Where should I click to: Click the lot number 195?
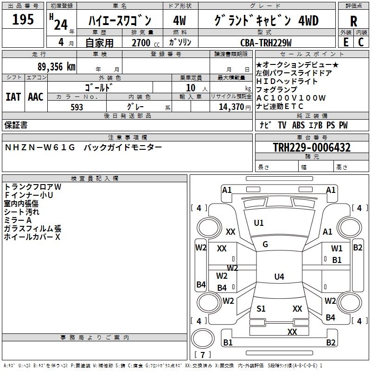23,19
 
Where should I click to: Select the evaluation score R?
353,21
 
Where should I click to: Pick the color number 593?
77,107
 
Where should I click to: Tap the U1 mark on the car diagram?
259,223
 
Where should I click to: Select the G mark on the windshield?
265,244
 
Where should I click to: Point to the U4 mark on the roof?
279,277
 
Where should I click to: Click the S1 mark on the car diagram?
261,308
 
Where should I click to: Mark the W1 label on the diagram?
337,249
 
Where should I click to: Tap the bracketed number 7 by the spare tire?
203,355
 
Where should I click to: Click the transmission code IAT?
13,97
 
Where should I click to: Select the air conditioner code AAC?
36,97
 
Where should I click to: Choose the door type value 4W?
179,21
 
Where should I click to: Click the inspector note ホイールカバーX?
32,237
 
